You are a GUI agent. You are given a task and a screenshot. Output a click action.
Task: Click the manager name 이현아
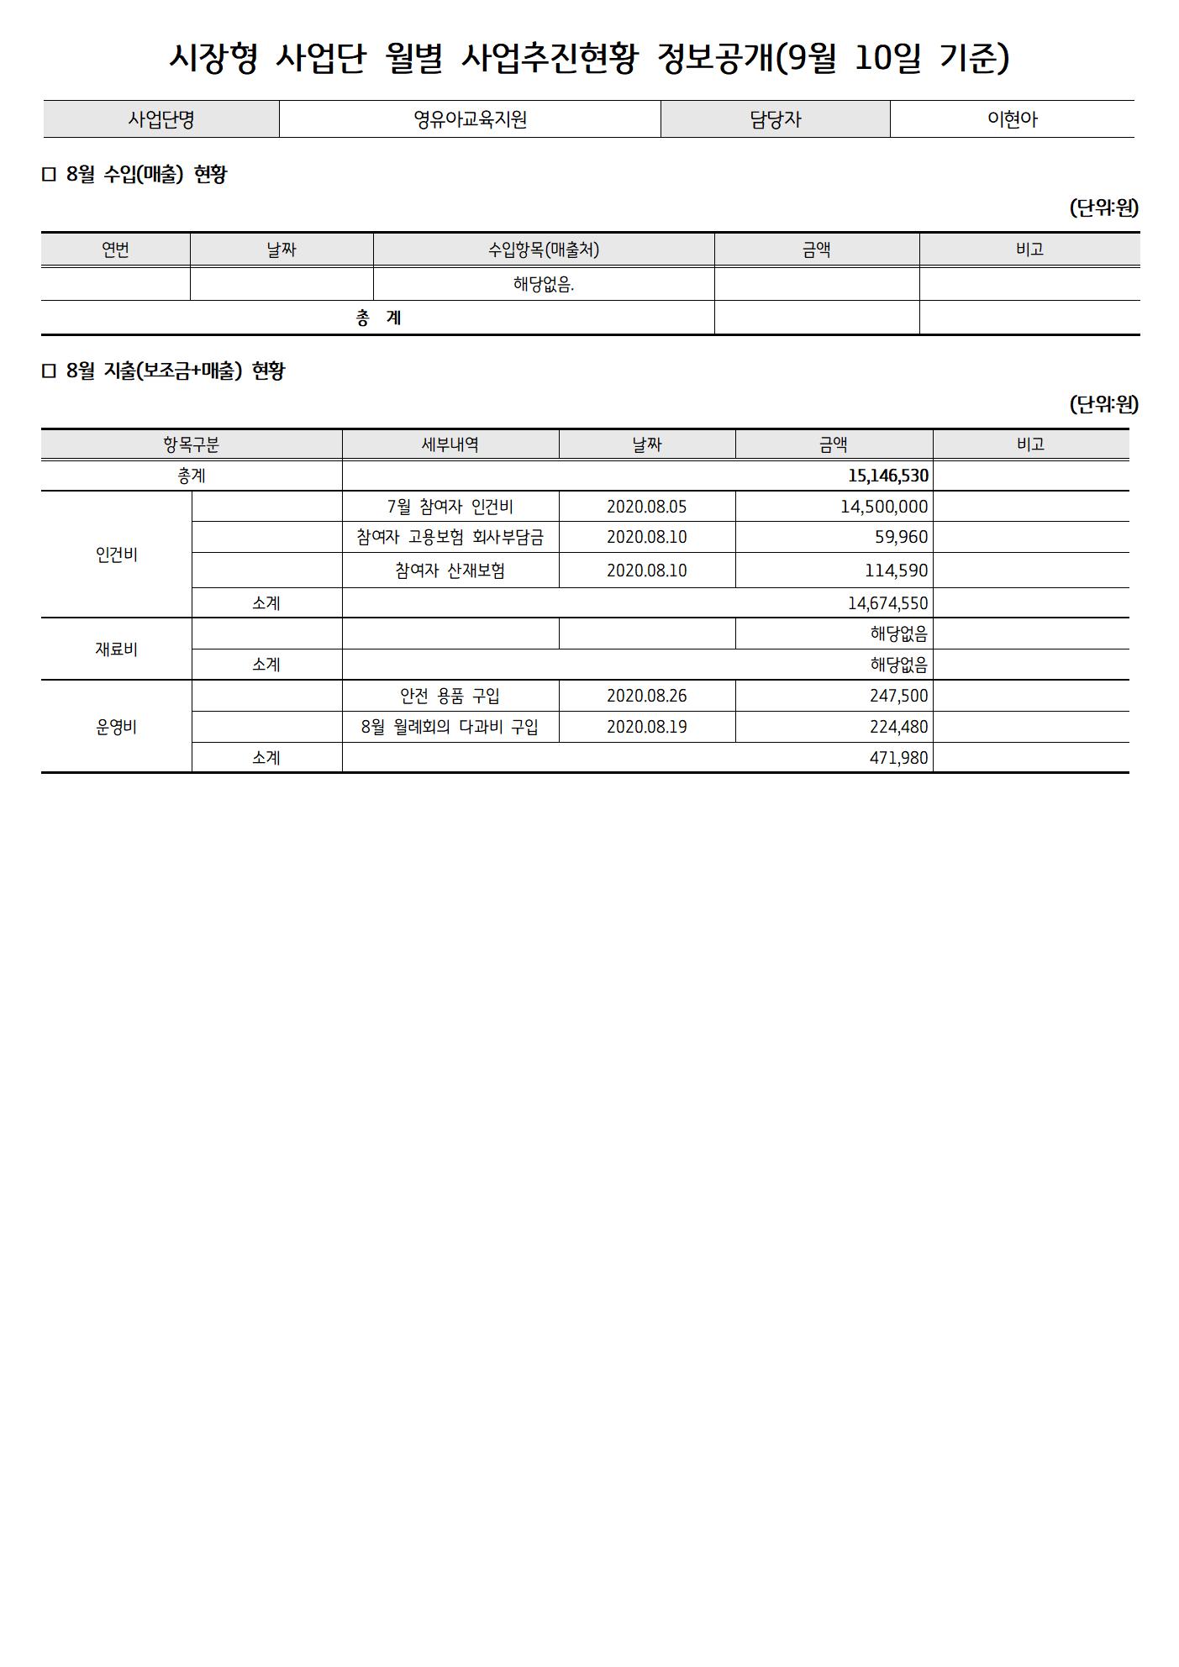1012,119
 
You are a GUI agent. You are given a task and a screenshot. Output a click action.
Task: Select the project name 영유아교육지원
470,119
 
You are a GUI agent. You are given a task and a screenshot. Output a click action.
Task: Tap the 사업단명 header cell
161,119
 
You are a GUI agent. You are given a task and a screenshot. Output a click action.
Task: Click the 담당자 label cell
775,119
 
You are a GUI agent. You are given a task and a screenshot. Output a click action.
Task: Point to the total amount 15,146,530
887,476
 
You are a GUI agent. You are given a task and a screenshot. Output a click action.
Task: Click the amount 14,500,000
883,507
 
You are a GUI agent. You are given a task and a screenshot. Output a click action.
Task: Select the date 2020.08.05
646,507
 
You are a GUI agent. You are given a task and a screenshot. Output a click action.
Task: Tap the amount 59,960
901,537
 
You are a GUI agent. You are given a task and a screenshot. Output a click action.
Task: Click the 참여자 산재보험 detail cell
450,571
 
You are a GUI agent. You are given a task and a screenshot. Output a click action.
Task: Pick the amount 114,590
896,571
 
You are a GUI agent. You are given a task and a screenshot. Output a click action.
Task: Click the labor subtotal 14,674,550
887,603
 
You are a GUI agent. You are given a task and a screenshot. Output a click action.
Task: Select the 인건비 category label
117,555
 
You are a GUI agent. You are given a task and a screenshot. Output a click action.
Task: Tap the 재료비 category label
117,649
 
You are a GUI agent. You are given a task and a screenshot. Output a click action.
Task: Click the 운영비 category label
117,727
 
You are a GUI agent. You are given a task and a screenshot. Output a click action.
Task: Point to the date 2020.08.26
646,696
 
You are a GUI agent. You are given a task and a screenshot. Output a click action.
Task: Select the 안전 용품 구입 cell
450,696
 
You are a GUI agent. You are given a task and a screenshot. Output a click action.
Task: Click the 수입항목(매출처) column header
544,250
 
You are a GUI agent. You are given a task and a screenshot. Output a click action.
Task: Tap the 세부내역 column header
450,444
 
